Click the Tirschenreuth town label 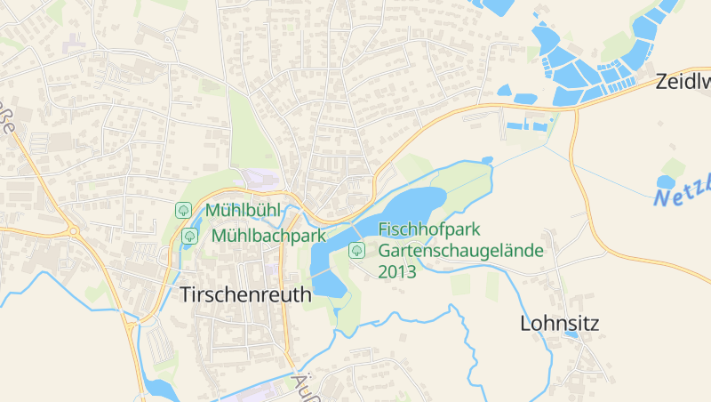(x=245, y=295)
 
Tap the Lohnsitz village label (x=559, y=323)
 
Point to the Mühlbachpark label (x=268, y=237)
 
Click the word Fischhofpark (x=429, y=229)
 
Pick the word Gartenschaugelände (x=460, y=250)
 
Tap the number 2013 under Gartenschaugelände (x=397, y=272)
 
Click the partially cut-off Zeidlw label (x=683, y=83)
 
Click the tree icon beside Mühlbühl (x=183, y=211)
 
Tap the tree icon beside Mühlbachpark (x=189, y=237)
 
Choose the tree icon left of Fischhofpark (x=356, y=250)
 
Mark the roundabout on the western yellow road (x=73, y=232)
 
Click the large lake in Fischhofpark (x=391, y=213)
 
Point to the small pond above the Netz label (x=666, y=181)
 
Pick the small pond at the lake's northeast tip (x=486, y=160)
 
